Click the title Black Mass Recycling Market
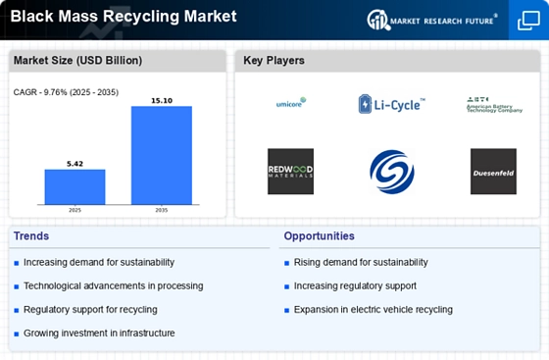pyautogui.click(x=124, y=16)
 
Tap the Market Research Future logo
pyautogui.click(x=430, y=19)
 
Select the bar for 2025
pyautogui.click(x=75, y=186)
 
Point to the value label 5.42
pyautogui.click(x=75, y=162)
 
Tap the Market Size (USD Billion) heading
pyautogui.click(x=77, y=61)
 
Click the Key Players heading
pyautogui.click(x=274, y=61)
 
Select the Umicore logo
pyautogui.click(x=290, y=102)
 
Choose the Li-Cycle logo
pyautogui.click(x=391, y=103)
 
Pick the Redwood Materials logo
pyautogui.click(x=290, y=171)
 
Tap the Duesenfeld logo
pyautogui.click(x=492, y=171)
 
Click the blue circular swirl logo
pyautogui.click(x=391, y=171)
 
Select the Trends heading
pyautogui.click(x=31, y=236)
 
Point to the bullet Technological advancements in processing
pyautogui.click(x=113, y=286)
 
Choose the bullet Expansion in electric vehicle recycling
pyautogui.click(x=373, y=310)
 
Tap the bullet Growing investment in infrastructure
pyautogui.click(x=99, y=334)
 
